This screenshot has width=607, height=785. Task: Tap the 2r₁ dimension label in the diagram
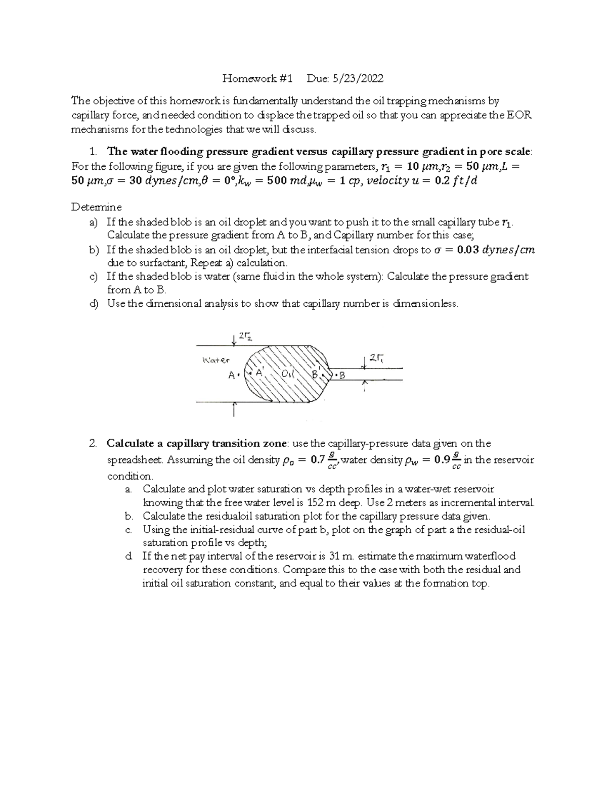(376, 358)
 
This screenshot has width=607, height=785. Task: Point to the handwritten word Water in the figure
(215, 360)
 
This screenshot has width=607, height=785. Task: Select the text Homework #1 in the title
(258, 78)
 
